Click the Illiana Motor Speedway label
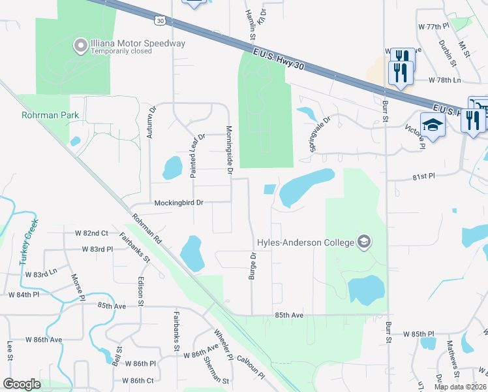pos(138,44)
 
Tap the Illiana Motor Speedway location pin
pos(80,45)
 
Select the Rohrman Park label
pos(51,116)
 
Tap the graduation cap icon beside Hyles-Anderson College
pos(364,242)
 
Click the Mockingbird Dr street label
pos(179,203)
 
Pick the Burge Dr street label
pos(252,267)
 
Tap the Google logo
pos(22,384)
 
